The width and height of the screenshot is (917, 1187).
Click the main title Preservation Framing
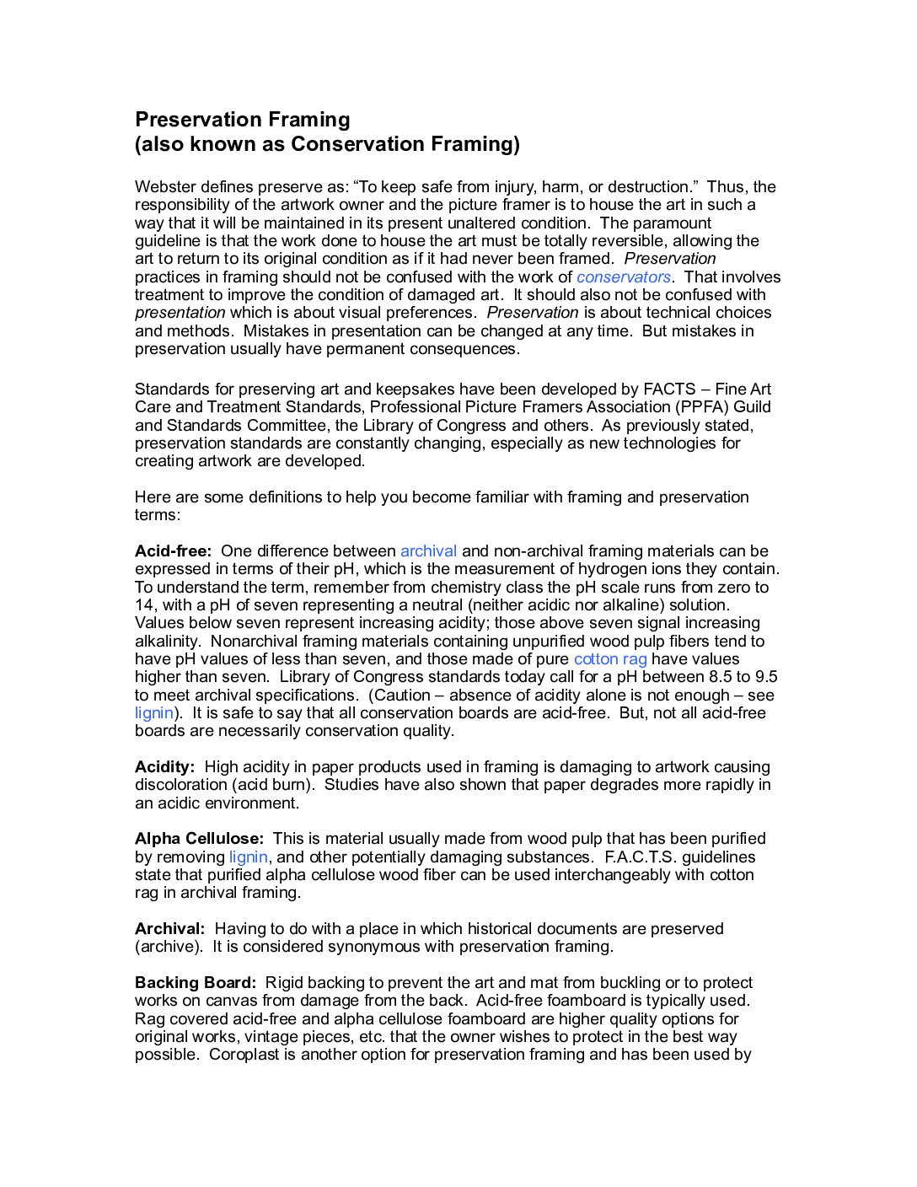point(242,120)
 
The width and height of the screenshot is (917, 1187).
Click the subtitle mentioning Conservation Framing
point(327,144)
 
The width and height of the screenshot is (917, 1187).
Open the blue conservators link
point(623,277)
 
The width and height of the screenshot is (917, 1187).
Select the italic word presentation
point(180,313)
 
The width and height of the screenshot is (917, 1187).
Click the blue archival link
point(428,551)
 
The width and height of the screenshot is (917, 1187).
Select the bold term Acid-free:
point(173,551)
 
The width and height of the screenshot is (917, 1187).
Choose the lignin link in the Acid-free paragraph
point(153,713)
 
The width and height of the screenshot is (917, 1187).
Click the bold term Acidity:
point(164,767)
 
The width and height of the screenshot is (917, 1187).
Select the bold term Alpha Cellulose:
point(199,839)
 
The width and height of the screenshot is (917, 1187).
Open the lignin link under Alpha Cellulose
point(248,857)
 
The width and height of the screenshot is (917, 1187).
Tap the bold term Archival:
point(169,929)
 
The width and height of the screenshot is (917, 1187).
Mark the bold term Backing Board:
point(195,983)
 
